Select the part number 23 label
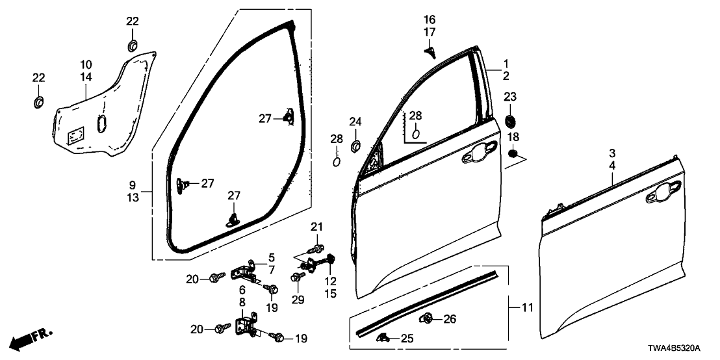510,97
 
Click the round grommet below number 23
510,120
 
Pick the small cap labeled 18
513,154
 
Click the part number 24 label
355,122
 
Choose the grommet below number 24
355,144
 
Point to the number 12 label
331,281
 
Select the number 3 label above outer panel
613,153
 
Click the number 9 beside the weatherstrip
133,186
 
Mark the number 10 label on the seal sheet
86,65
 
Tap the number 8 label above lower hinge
242,302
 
